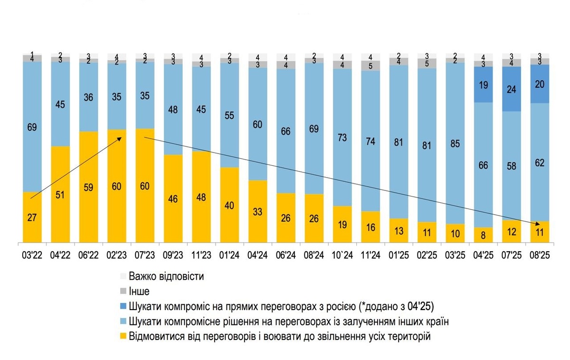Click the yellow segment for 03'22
coord(32,217)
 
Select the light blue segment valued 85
coord(455,142)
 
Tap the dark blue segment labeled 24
coord(511,89)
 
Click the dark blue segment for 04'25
coord(483,85)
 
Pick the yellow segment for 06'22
coord(88,187)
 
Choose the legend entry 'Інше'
coord(139,292)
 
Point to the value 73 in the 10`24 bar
coord(342,138)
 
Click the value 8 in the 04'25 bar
coord(483,235)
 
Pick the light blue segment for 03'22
coord(32,127)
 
